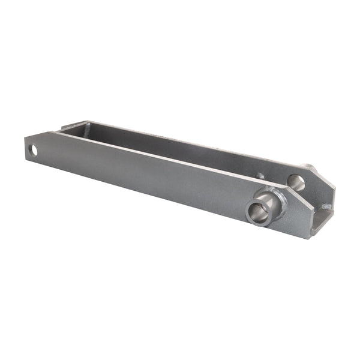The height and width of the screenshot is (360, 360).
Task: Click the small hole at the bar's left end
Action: pos(34,150)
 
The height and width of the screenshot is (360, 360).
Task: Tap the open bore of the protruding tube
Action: pos(257,211)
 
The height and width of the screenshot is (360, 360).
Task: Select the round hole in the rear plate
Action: pos(296,182)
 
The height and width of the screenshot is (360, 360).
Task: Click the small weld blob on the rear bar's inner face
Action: pos(260,176)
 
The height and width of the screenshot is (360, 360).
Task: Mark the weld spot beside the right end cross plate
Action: pos(326,207)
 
